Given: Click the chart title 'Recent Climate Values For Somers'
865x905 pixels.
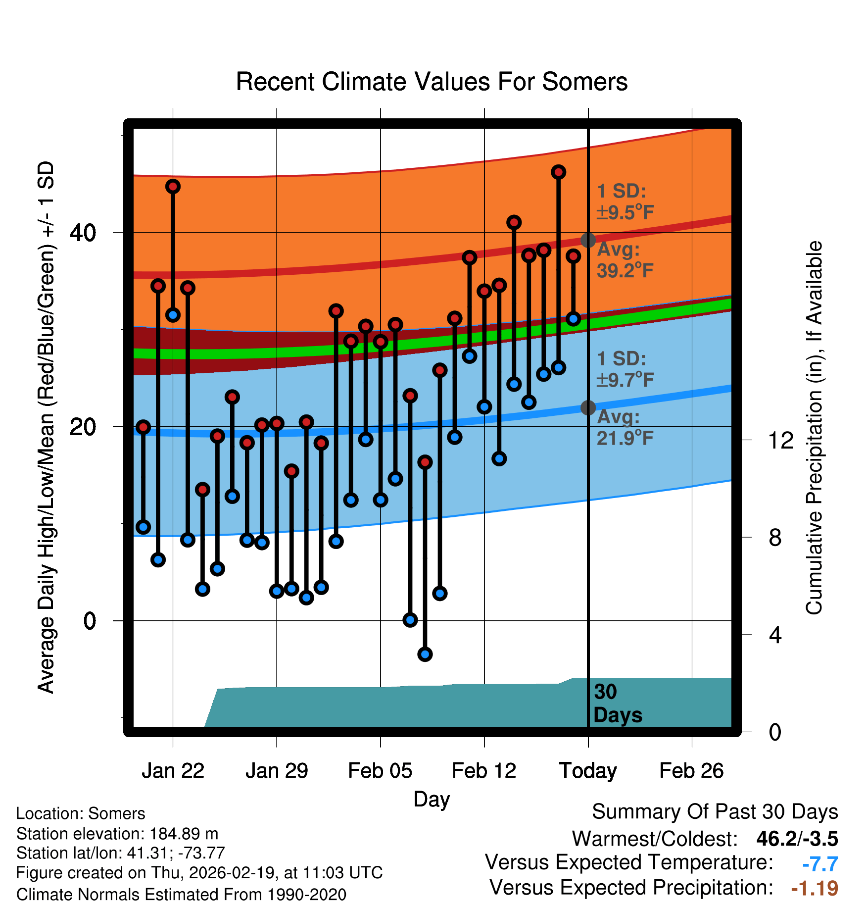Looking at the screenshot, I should coord(432,82).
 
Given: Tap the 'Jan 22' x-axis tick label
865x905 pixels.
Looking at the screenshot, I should coord(173,771).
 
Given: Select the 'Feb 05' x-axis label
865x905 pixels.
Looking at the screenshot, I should coord(380,771).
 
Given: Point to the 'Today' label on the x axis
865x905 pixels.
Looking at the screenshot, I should coord(588,771).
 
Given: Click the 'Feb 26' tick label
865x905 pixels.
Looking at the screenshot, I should coord(691,771).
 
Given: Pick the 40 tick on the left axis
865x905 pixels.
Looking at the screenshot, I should coord(83,233).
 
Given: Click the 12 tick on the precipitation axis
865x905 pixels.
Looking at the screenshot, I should coord(780,440).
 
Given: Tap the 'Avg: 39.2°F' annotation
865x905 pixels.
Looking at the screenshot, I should coord(625,260).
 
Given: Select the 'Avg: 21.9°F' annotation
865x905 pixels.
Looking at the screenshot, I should coord(625,427).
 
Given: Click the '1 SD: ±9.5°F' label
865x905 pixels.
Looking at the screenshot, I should coord(625,201).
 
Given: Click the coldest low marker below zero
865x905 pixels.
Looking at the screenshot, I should coord(425,654).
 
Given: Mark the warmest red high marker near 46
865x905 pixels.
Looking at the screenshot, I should coord(558,172).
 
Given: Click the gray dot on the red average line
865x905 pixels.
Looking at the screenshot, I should coord(588,240).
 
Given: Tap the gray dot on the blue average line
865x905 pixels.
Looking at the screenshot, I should coord(588,407).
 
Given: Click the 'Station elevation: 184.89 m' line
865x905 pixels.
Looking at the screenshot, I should coord(117,834).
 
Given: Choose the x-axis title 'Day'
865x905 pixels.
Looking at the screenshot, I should coord(432,799).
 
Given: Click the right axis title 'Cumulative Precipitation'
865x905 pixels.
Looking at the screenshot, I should coord(814,428).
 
